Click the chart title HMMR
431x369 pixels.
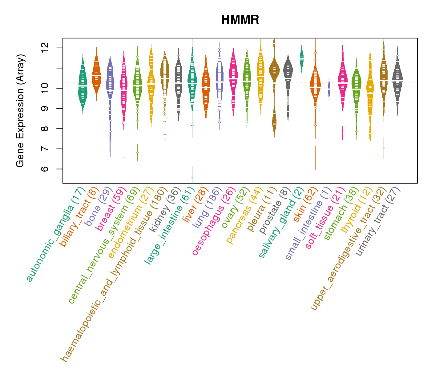tap(240, 20)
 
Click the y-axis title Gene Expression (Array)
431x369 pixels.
tap(20, 111)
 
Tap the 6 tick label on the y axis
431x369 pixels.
tap(45, 169)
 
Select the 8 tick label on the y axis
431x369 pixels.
tap(45, 129)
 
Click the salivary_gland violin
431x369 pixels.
tap(302, 58)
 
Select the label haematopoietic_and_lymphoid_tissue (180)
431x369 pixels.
tap(114, 274)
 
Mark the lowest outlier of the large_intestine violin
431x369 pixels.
tap(192, 178)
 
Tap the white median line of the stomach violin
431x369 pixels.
tap(356, 89)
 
